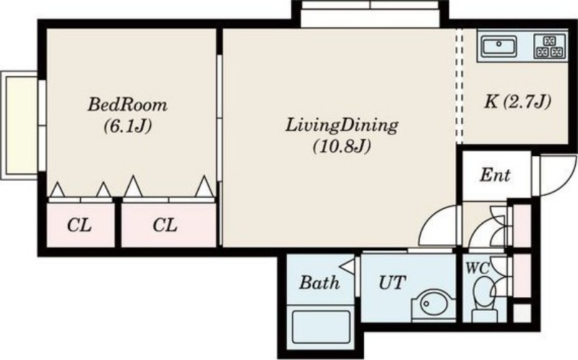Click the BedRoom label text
[x=128, y=105]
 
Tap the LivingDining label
[x=342, y=125]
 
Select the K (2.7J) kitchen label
[x=517, y=101]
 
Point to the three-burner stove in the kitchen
[x=550, y=46]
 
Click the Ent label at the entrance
[x=495, y=175]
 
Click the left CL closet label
[x=79, y=225]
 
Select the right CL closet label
[x=165, y=225]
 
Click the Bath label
[x=319, y=283]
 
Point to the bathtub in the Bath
[x=321, y=327]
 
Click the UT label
[x=392, y=283]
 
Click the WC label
[x=478, y=267]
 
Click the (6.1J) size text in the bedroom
[x=128, y=127]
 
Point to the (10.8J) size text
[x=342, y=147]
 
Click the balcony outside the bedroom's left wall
[x=21, y=125]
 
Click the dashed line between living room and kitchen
[x=459, y=85]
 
